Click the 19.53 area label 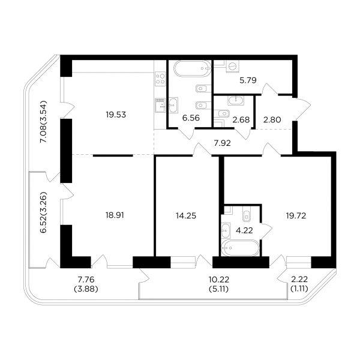pyautogui.click(x=116, y=115)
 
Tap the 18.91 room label pyautogui.click(x=115, y=215)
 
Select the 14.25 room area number pyautogui.click(x=186, y=216)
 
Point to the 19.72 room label pyautogui.click(x=296, y=215)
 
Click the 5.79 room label pyautogui.click(x=248, y=80)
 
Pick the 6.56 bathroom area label pyautogui.click(x=191, y=118)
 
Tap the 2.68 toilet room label pyautogui.click(x=241, y=119)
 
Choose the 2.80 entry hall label pyautogui.click(x=272, y=119)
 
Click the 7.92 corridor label pyautogui.click(x=222, y=143)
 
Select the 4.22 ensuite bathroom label pyautogui.click(x=244, y=230)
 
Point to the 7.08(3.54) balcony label pyautogui.click(x=43, y=121)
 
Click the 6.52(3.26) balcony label pyautogui.click(x=43, y=212)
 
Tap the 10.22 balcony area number pyautogui.click(x=219, y=280)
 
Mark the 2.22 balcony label pyautogui.click(x=299, y=280)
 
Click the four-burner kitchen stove pyautogui.click(x=160, y=79)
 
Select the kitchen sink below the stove pyautogui.click(x=160, y=106)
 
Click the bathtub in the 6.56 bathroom pyautogui.click(x=193, y=68)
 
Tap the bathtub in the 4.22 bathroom pyautogui.click(x=240, y=248)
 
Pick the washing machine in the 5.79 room pyautogui.click(x=232, y=67)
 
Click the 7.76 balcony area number pyautogui.click(x=86, y=280)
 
